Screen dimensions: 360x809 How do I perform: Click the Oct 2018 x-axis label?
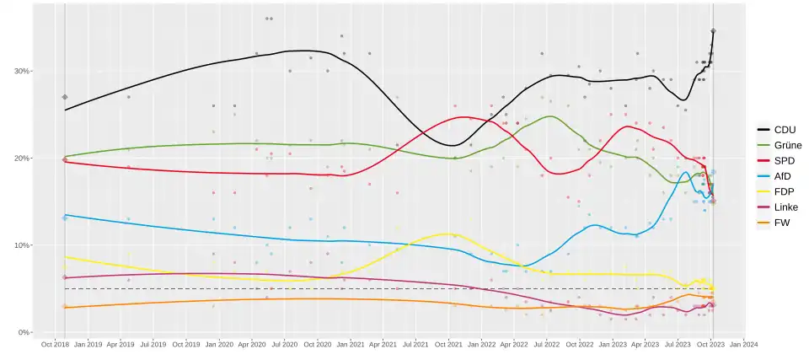pyautogui.click(x=54, y=344)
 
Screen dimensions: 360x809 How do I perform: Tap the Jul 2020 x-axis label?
pyautogui.click(x=284, y=344)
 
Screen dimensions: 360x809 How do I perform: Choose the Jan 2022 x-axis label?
pyautogui.click(x=481, y=344)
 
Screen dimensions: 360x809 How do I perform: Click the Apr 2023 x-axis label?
pyautogui.click(x=645, y=344)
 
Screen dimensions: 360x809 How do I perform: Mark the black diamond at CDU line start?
pyautogui.click(x=65, y=97)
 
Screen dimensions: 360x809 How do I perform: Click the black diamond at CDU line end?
pyautogui.click(x=713, y=31)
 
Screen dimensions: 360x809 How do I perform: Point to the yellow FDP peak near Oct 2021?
pyautogui.click(x=447, y=234)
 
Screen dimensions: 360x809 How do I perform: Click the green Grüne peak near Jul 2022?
pyautogui.click(x=549, y=116)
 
